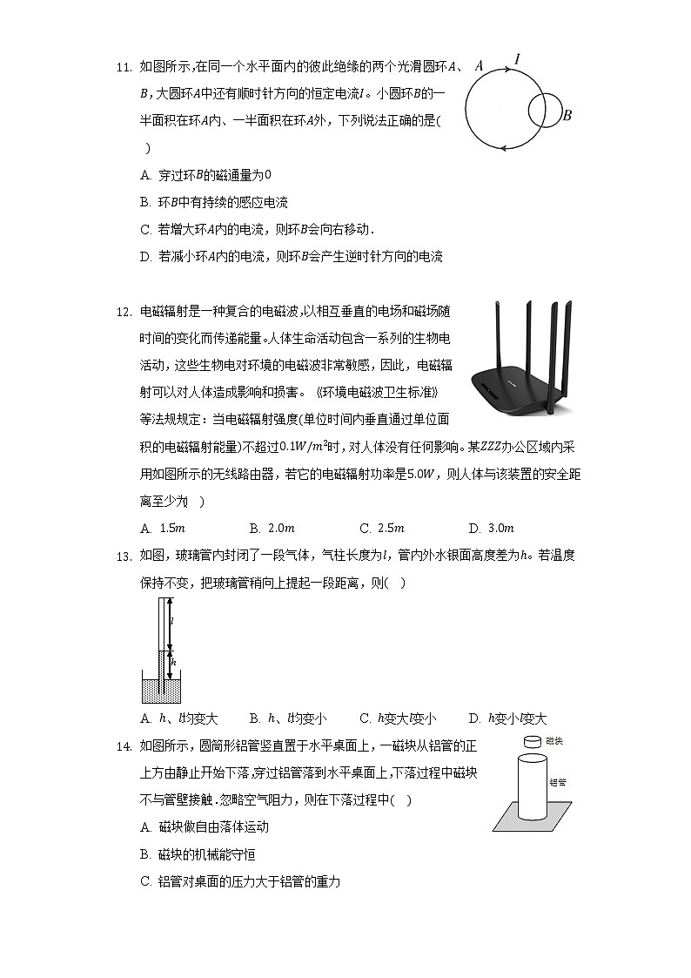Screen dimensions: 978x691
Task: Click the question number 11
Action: [122, 67]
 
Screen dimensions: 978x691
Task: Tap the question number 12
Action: [122, 312]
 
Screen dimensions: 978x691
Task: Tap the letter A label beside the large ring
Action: [479, 65]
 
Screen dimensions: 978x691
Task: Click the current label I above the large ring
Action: [518, 59]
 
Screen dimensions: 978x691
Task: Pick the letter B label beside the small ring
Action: [567, 115]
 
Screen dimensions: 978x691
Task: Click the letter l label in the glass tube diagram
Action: [172, 622]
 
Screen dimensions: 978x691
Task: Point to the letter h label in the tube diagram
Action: [173, 663]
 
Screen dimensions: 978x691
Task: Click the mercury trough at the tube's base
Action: [161, 690]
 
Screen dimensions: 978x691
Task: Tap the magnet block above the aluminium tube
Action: [532, 742]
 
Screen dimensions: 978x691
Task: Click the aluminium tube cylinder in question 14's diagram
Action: [532, 788]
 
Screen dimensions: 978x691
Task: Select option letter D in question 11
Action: [145, 257]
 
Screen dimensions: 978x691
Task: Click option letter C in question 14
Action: [145, 882]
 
